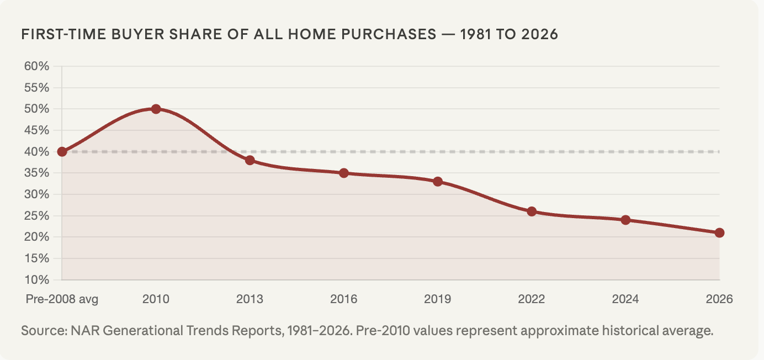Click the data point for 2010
tap(156, 109)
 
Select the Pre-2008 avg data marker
tap(62, 152)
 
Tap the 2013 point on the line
tap(250, 160)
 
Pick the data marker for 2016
tap(343, 173)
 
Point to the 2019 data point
tap(438, 182)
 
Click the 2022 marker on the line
tap(532, 211)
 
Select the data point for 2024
tap(625, 220)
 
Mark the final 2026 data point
tap(719, 232)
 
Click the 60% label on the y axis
tap(36, 66)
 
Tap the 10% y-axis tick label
tap(36, 279)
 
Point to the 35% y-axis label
tap(36, 173)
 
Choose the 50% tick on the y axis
tap(36, 109)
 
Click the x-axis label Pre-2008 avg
tap(62, 299)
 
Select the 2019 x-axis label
tap(438, 299)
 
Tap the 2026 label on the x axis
tap(719, 299)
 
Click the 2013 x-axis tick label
tap(250, 299)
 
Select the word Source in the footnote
tap(41, 332)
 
